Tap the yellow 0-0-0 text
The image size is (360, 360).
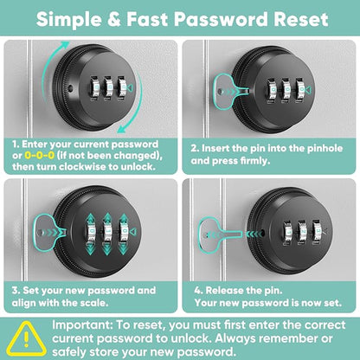[39, 156]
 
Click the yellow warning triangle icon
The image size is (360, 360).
[27, 339]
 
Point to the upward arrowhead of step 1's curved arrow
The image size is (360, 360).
[65, 45]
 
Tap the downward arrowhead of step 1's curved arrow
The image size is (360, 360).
[124, 129]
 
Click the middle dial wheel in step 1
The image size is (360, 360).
[107, 88]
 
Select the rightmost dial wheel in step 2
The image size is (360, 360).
[299, 90]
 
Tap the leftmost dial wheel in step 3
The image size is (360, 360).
[92, 232]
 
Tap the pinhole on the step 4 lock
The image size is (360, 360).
[263, 231]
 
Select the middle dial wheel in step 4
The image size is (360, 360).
[302, 233]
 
